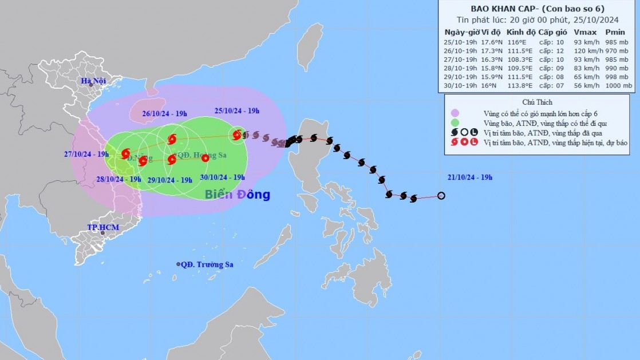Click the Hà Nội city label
[94, 81]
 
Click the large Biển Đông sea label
[237, 195]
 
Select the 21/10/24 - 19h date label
[470, 177]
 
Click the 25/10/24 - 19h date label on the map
[237, 111]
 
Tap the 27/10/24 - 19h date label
[86, 154]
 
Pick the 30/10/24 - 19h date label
[222, 177]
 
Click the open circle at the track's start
[441, 196]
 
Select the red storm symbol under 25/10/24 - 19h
[237, 135]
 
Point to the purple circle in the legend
[455, 113]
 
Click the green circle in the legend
[455, 122]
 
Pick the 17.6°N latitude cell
[491, 42]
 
